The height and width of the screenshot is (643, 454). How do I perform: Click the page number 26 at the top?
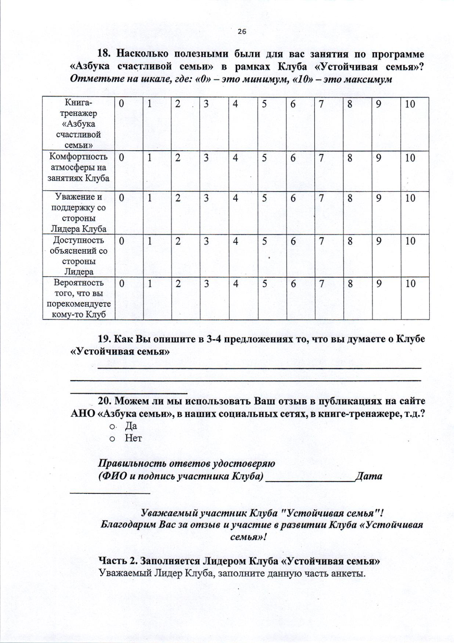(x=242, y=32)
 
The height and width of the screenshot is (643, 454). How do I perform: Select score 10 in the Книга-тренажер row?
(x=410, y=104)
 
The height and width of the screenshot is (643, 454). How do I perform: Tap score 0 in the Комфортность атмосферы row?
(x=121, y=158)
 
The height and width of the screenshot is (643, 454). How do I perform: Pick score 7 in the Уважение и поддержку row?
(x=321, y=198)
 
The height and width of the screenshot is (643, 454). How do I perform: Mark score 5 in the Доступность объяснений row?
(x=264, y=241)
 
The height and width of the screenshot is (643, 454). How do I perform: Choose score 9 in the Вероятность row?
(x=378, y=284)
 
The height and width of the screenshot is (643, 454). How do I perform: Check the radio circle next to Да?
(x=112, y=427)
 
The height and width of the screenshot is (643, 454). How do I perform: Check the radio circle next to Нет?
(x=112, y=439)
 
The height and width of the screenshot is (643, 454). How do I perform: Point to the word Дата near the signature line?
(x=369, y=476)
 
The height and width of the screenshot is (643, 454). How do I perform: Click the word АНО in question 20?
(x=82, y=414)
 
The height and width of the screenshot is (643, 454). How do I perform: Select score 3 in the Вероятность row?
(x=206, y=284)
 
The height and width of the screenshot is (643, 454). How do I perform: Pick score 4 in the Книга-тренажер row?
(x=235, y=104)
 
